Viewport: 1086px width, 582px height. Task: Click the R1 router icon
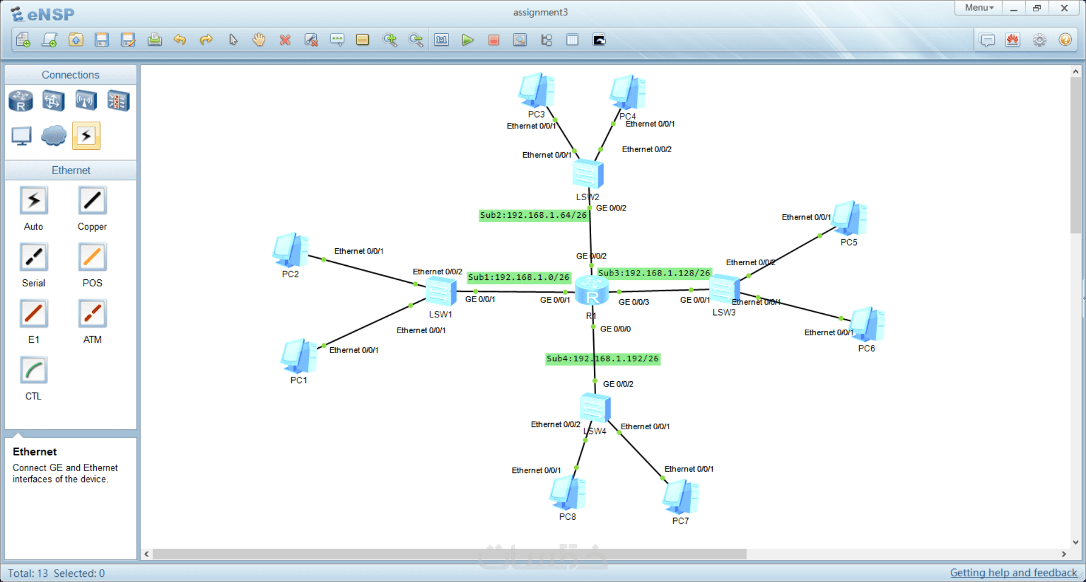pos(592,291)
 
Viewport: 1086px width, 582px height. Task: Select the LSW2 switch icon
pos(588,174)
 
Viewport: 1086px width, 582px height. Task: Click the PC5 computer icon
pos(849,218)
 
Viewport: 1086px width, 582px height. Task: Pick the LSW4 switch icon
pos(595,408)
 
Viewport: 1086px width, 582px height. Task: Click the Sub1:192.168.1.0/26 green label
pos(519,277)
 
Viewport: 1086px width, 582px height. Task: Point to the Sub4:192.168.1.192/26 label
pos(602,359)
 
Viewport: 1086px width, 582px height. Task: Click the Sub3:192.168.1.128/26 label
pos(654,273)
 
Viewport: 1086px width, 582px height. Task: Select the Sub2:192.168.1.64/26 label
pos(533,215)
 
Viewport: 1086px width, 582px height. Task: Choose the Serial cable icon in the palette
pos(34,257)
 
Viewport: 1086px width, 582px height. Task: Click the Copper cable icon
pos(92,201)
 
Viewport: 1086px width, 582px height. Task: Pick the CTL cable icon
pos(34,370)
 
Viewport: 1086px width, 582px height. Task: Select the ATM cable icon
pos(92,314)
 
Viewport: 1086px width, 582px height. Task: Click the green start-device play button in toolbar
pos(467,40)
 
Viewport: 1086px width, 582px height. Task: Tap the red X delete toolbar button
pos(285,40)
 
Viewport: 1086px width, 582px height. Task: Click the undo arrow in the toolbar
pos(180,40)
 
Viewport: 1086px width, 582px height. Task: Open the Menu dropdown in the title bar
pos(979,8)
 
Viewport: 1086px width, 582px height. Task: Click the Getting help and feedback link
pos(1014,573)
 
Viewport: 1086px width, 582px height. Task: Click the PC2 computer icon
pos(290,250)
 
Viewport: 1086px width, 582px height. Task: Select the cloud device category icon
pos(54,136)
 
